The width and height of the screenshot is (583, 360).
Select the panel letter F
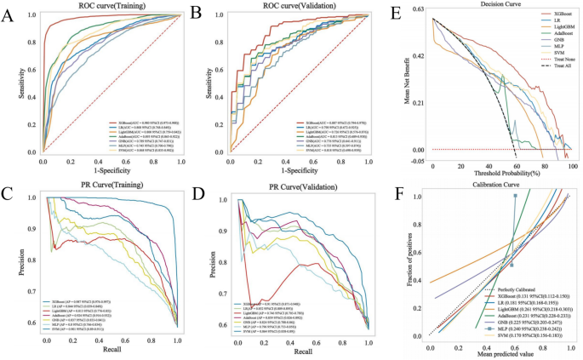(397, 195)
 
